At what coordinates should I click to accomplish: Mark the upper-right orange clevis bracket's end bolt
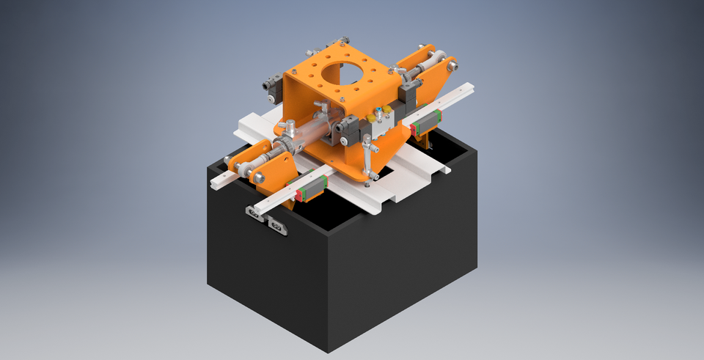pyautogui.click(x=452, y=67)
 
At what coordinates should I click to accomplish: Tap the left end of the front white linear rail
pyautogui.click(x=214, y=180)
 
